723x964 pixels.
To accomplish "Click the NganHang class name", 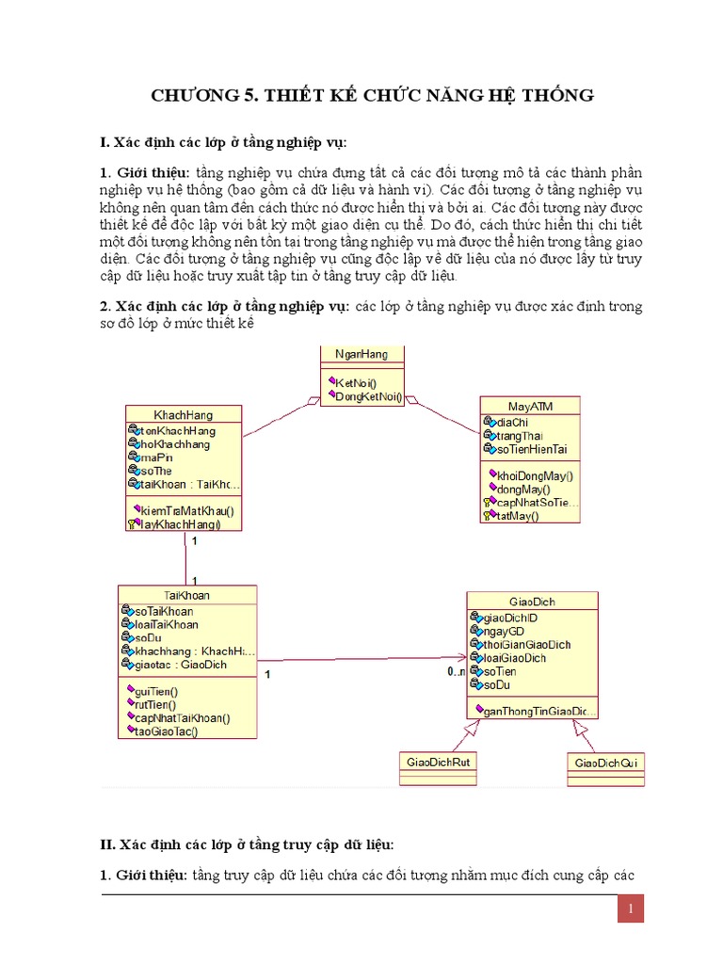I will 361,354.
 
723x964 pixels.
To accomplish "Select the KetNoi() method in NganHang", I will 355,382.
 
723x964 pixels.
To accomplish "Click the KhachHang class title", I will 183,414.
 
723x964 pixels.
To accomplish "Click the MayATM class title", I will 529,405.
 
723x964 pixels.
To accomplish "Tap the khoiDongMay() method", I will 534,475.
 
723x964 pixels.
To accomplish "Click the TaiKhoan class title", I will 186,595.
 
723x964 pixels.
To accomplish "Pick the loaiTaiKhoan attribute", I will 167,624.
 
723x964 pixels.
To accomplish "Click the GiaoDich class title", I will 532,601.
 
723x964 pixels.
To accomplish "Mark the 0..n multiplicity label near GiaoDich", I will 456,671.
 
